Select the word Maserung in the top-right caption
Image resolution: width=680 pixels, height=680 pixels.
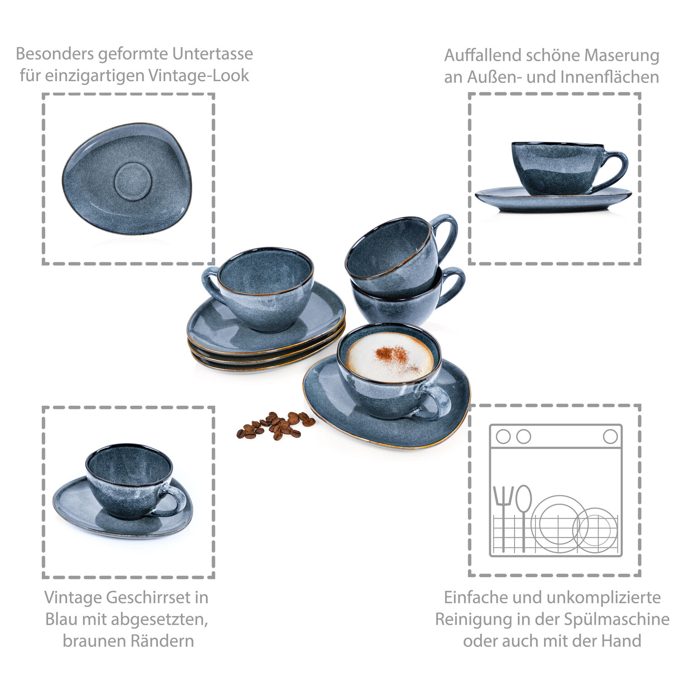click(x=622, y=55)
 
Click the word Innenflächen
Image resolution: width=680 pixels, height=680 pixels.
click(x=610, y=77)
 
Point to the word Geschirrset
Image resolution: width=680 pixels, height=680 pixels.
click(x=149, y=597)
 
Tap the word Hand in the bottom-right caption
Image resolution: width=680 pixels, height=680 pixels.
click(x=621, y=641)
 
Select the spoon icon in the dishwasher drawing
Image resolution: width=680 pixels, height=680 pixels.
click(x=524, y=517)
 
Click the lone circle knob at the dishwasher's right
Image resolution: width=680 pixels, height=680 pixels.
click(x=610, y=437)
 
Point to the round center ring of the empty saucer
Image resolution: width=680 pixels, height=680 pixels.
click(x=132, y=181)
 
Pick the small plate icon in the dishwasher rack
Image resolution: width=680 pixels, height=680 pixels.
click(x=595, y=530)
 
